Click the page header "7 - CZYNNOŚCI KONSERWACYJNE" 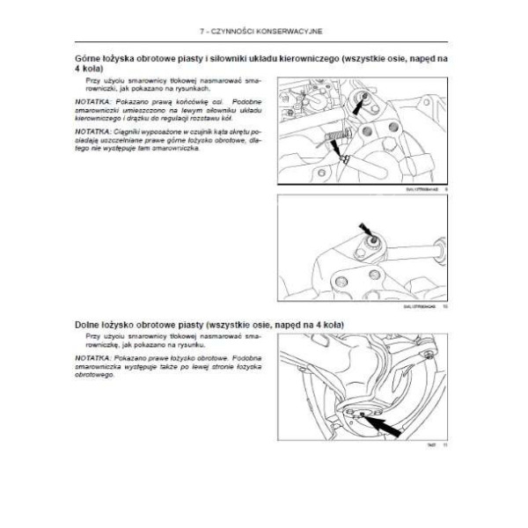tap(263, 31)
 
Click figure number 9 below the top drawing tap(446, 187)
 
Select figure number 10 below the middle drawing tap(445, 306)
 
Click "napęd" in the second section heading tap(290, 325)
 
